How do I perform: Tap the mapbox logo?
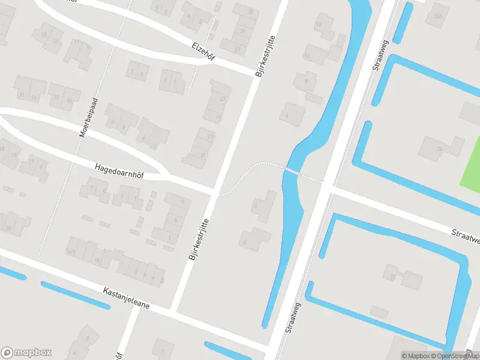pos(26,353)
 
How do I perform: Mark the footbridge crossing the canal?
pos(292,171)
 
